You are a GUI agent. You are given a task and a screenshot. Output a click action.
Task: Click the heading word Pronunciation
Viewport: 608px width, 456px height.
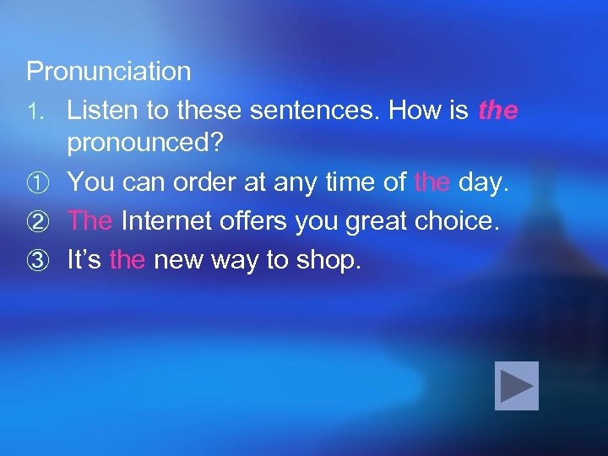click(x=109, y=72)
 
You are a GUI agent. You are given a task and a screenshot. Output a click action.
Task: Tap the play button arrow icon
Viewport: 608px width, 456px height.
click(x=517, y=386)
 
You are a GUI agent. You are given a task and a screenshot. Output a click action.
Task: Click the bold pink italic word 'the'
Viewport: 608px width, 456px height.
click(x=498, y=111)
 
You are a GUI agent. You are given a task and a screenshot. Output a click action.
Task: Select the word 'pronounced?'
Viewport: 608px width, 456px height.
click(x=145, y=143)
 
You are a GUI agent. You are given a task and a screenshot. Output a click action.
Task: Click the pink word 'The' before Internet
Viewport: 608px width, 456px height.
click(x=90, y=220)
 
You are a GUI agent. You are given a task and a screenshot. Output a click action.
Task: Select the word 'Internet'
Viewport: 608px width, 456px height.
click(x=168, y=220)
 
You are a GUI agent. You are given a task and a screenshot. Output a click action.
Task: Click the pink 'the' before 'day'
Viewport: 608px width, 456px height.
click(x=432, y=182)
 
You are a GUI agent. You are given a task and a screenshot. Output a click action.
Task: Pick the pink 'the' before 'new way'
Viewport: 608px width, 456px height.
click(x=128, y=260)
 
